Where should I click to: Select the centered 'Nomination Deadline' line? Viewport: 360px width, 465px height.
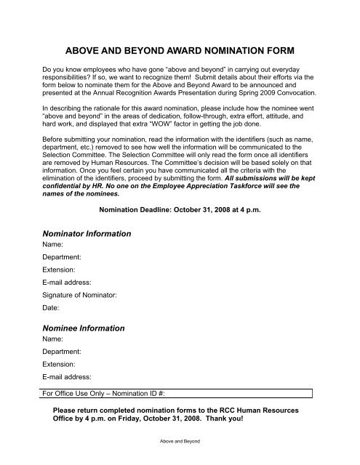[x=180, y=211]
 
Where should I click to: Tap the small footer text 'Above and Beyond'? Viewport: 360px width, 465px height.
[x=180, y=441]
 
